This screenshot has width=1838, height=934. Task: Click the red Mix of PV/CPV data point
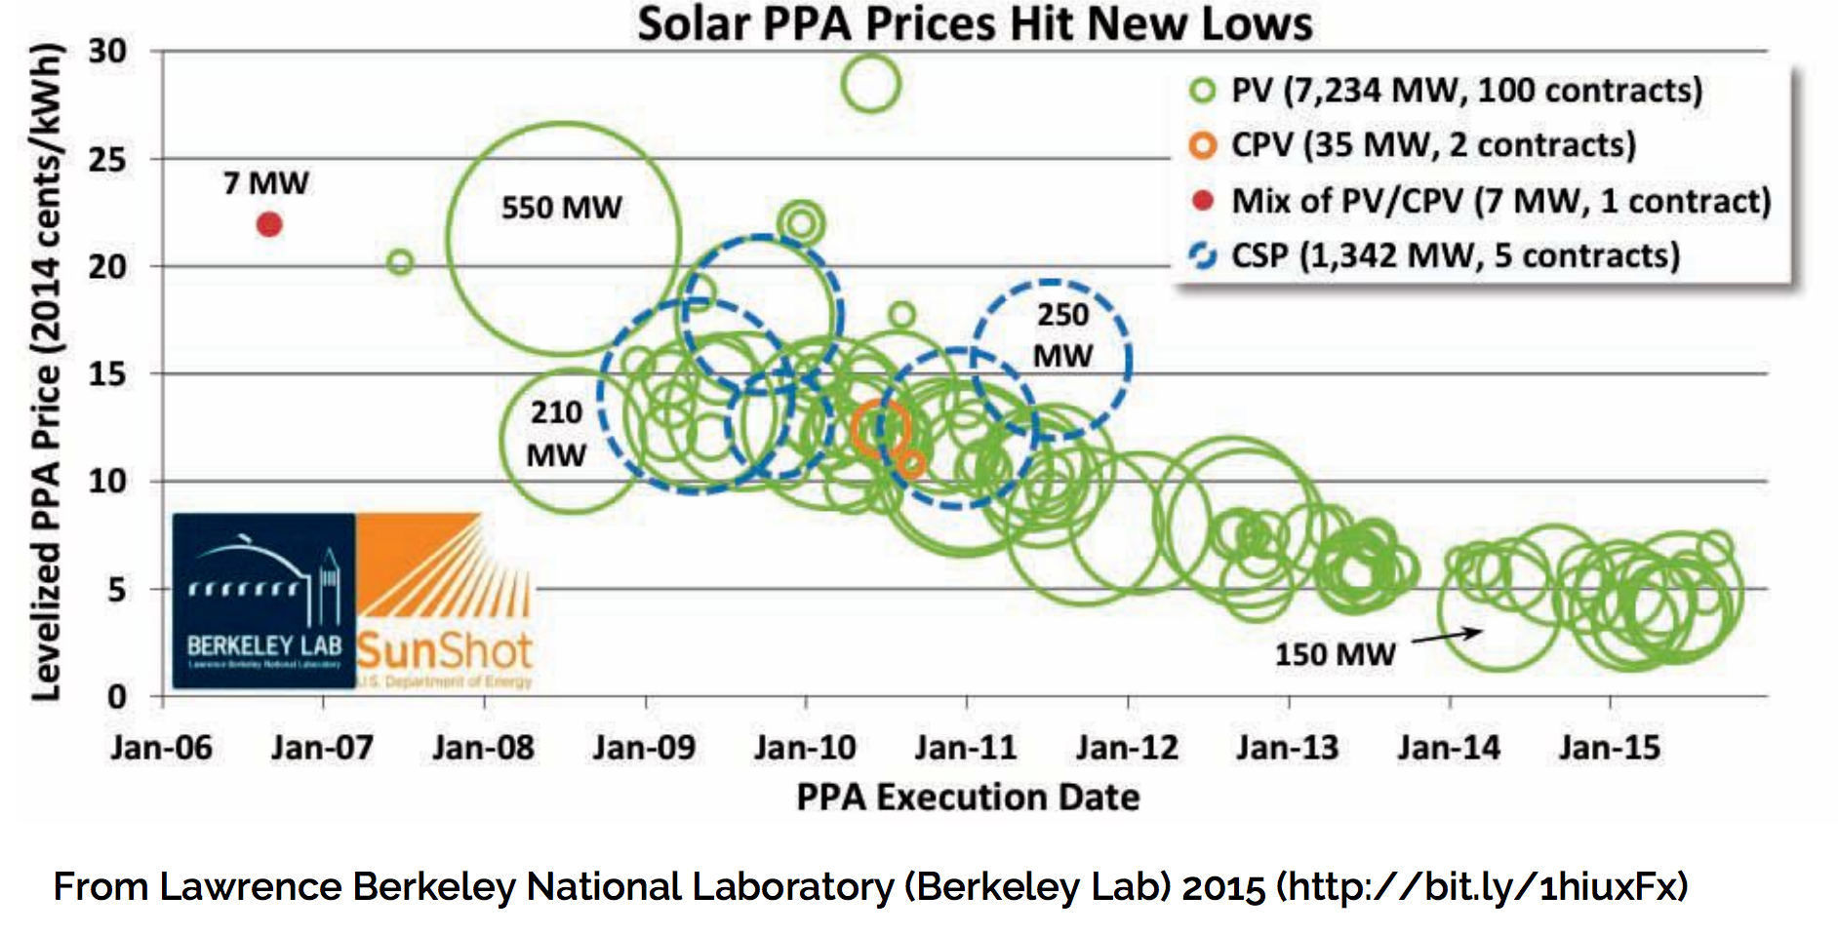269,224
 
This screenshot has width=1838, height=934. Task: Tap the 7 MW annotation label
265,183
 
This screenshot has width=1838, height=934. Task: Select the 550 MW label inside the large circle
561,208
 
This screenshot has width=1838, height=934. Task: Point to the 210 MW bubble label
556,433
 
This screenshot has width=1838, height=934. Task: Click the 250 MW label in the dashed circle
1062,335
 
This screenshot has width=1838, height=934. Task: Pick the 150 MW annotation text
1335,654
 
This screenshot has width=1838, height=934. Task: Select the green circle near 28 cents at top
870,83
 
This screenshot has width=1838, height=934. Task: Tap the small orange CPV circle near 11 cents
911,464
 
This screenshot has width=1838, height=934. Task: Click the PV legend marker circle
1203,91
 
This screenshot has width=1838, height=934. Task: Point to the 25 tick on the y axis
107,159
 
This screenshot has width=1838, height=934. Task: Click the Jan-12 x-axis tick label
1127,748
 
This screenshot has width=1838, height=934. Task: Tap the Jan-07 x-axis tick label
322,748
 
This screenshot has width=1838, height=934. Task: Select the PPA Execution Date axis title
968,798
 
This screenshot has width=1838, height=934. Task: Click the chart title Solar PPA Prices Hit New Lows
975,23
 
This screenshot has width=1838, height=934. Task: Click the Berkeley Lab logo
263,601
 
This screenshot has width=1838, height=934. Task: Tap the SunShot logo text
444,650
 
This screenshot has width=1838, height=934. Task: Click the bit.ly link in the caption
1483,887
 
